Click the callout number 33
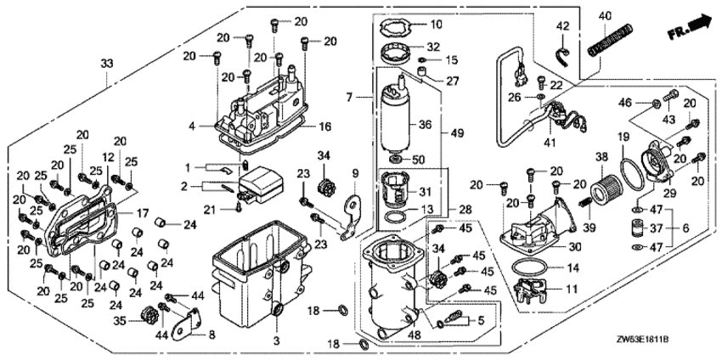click(x=106, y=65)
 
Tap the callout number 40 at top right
click(x=605, y=16)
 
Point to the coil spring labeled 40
click(x=606, y=41)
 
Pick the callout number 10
click(x=413, y=24)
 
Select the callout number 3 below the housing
click(x=274, y=340)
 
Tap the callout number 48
click(x=415, y=335)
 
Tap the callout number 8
click(x=212, y=335)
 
